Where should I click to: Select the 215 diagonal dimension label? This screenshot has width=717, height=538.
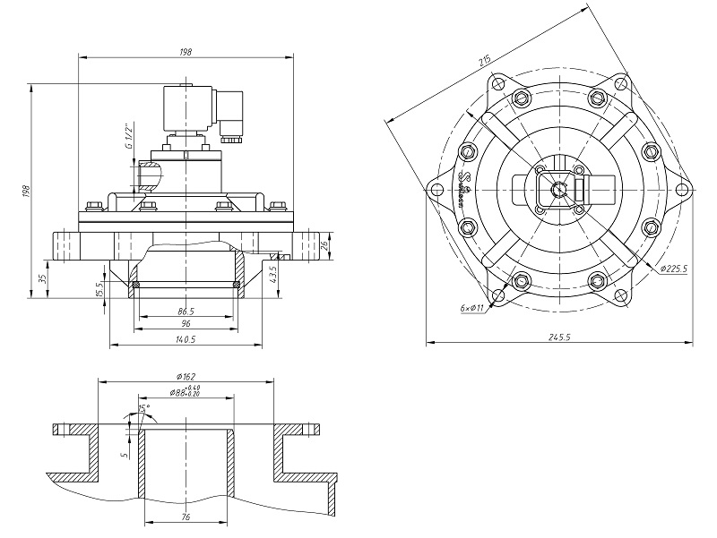tap(484, 62)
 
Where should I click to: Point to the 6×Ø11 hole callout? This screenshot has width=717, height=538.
tap(471, 307)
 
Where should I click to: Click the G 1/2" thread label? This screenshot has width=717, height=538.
tap(129, 133)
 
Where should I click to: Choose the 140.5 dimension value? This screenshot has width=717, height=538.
tap(186, 339)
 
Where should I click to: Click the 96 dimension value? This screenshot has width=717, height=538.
tap(186, 323)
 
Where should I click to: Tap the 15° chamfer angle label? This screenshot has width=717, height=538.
tap(143, 408)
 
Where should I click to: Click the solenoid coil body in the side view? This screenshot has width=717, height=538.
tap(189, 108)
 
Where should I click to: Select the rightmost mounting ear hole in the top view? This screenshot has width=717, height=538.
tap(680, 189)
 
